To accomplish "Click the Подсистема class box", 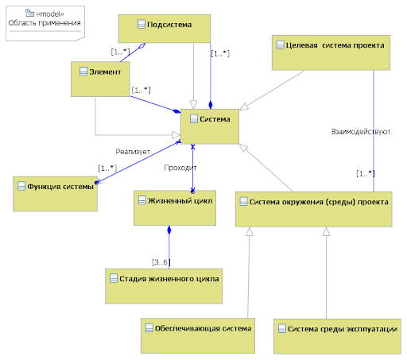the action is (165, 29).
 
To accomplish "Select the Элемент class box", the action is (100, 79).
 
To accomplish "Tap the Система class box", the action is (210, 126).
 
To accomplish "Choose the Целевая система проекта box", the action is (331, 52).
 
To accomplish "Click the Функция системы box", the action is (55, 194).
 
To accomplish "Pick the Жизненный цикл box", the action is (175, 208).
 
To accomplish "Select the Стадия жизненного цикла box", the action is (164, 286).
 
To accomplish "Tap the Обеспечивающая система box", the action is (198, 335).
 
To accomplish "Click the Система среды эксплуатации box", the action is (337, 336).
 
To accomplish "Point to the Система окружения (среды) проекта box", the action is (314, 209).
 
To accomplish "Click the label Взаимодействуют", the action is (361, 132).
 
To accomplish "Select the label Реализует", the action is (133, 152).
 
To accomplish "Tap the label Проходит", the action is (180, 168).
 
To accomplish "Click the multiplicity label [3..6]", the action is (161, 262).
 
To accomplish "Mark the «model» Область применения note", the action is (45, 23).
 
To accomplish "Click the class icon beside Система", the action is (194, 118).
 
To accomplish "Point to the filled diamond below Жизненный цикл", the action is (169, 230).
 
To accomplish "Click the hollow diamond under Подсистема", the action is (142, 45).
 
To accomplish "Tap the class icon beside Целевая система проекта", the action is (281, 45).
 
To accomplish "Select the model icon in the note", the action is (29, 13).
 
